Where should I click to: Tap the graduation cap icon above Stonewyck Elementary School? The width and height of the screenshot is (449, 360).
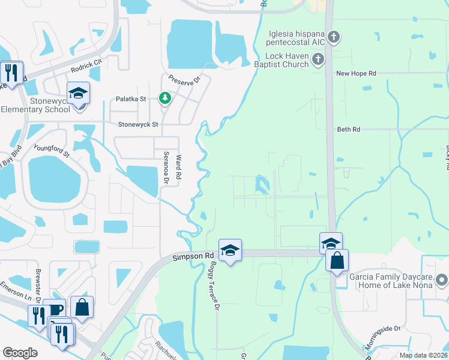pyautogui.click(x=78, y=94)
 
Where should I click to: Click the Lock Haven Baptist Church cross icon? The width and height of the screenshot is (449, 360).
pyautogui.click(x=318, y=59)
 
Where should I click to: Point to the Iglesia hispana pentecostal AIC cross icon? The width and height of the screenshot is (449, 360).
pyautogui.click(x=334, y=38)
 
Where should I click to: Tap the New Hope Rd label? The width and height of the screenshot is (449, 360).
pyautogui.click(x=356, y=73)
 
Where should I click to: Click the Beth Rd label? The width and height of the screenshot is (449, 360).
pyautogui.click(x=349, y=129)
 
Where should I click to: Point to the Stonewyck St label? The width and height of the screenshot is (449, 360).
pyautogui.click(x=138, y=125)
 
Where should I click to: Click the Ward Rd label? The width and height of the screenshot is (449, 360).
pyautogui.click(x=178, y=166)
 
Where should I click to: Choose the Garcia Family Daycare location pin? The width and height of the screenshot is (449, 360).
pyautogui.click(x=442, y=280)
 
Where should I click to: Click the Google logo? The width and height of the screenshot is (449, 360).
pyautogui.click(x=20, y=353)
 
